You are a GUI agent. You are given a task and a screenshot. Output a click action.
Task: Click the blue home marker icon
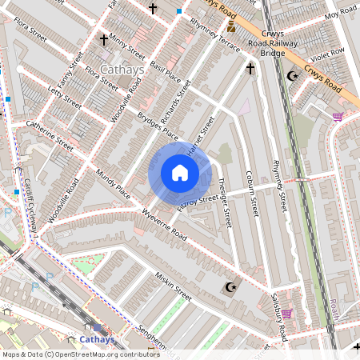click(180, 173)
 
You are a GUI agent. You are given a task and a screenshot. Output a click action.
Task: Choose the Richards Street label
click(174, 103)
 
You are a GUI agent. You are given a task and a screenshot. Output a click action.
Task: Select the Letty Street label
click(66, 100)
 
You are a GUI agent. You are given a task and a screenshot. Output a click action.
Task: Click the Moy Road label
click(339, 15)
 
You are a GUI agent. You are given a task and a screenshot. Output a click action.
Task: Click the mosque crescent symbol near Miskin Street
click(230, 287)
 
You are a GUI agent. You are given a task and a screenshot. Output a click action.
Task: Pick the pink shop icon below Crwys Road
click(338, 117)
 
